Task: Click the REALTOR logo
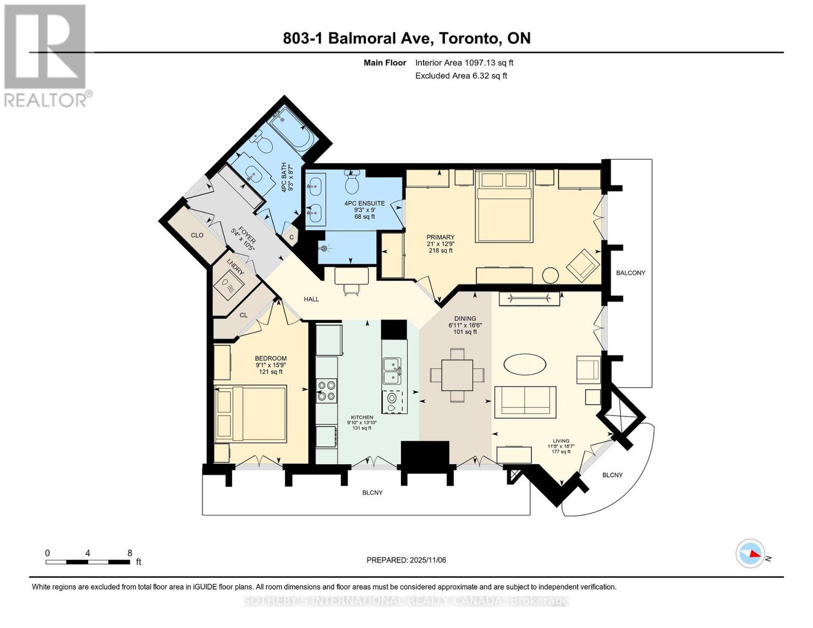[46, 55]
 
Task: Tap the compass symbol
[750, 553]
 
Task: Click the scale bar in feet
[88, 562]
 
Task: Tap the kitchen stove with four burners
[326, 391]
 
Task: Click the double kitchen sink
[392, 371]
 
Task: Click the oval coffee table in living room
[525, 364]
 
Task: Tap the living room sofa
[525, 401]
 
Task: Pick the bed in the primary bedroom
[504, 207]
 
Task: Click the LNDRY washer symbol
[228, 286]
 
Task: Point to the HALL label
[311, 299]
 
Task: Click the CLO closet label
[197, 235]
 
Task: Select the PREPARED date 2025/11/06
[406, 560]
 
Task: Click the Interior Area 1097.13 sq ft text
[464, 63]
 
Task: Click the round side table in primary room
[551, 275]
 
